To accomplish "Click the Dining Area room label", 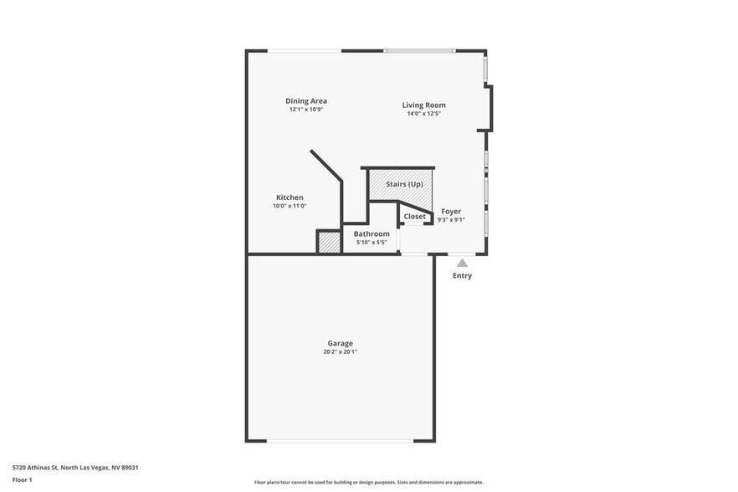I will pyautogui.click(x=306, y=100).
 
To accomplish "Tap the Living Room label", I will pyautogui.click(x=423, y=105).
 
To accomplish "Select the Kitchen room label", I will pyautogui.click(x=290, y=197).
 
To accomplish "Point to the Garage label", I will pyautogui.click(x=340, y=343).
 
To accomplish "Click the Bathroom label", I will pyautogui.click(x=372, y=233).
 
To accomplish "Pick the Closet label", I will pyautogui.click(x=414, y=217).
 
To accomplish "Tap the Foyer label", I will pyautogui.click(x=451, y=212).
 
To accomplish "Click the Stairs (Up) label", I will pyautogui.click(x=404, y=184).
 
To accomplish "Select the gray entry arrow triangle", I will pyautogui.click(x=462, y=263).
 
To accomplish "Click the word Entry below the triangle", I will pyautogui.click(x=462, y=276).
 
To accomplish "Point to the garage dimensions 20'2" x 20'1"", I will pyautogui.click(x=340, y=351).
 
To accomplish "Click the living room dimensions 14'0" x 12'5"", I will pyautogui.click(x=423, y=113).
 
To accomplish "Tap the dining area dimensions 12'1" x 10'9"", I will pyautogui.click(x=306, y=109).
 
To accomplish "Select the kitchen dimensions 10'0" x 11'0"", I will pyautogui.click(x=290, y=206).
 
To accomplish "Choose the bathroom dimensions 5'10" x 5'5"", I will pyautogui.click(x=371, y=242).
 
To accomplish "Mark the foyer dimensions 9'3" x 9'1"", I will pyautogui.click(x=451, y=220).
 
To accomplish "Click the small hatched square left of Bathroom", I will pyautogui.click(x=329, y=242).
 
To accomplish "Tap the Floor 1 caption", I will pyautogui.click(x=22, y=479).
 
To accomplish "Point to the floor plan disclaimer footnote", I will pyautogui.click(x=368, y=482).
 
